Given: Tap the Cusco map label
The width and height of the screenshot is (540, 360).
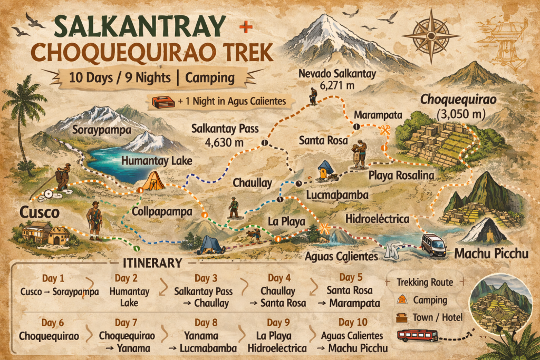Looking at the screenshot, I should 38,212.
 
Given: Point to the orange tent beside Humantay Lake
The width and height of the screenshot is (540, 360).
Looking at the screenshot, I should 153,181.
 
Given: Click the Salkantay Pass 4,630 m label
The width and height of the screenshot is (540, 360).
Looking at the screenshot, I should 217,134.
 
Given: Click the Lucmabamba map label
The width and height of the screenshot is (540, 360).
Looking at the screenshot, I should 337,195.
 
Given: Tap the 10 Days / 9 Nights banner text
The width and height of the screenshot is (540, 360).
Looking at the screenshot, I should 151,77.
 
